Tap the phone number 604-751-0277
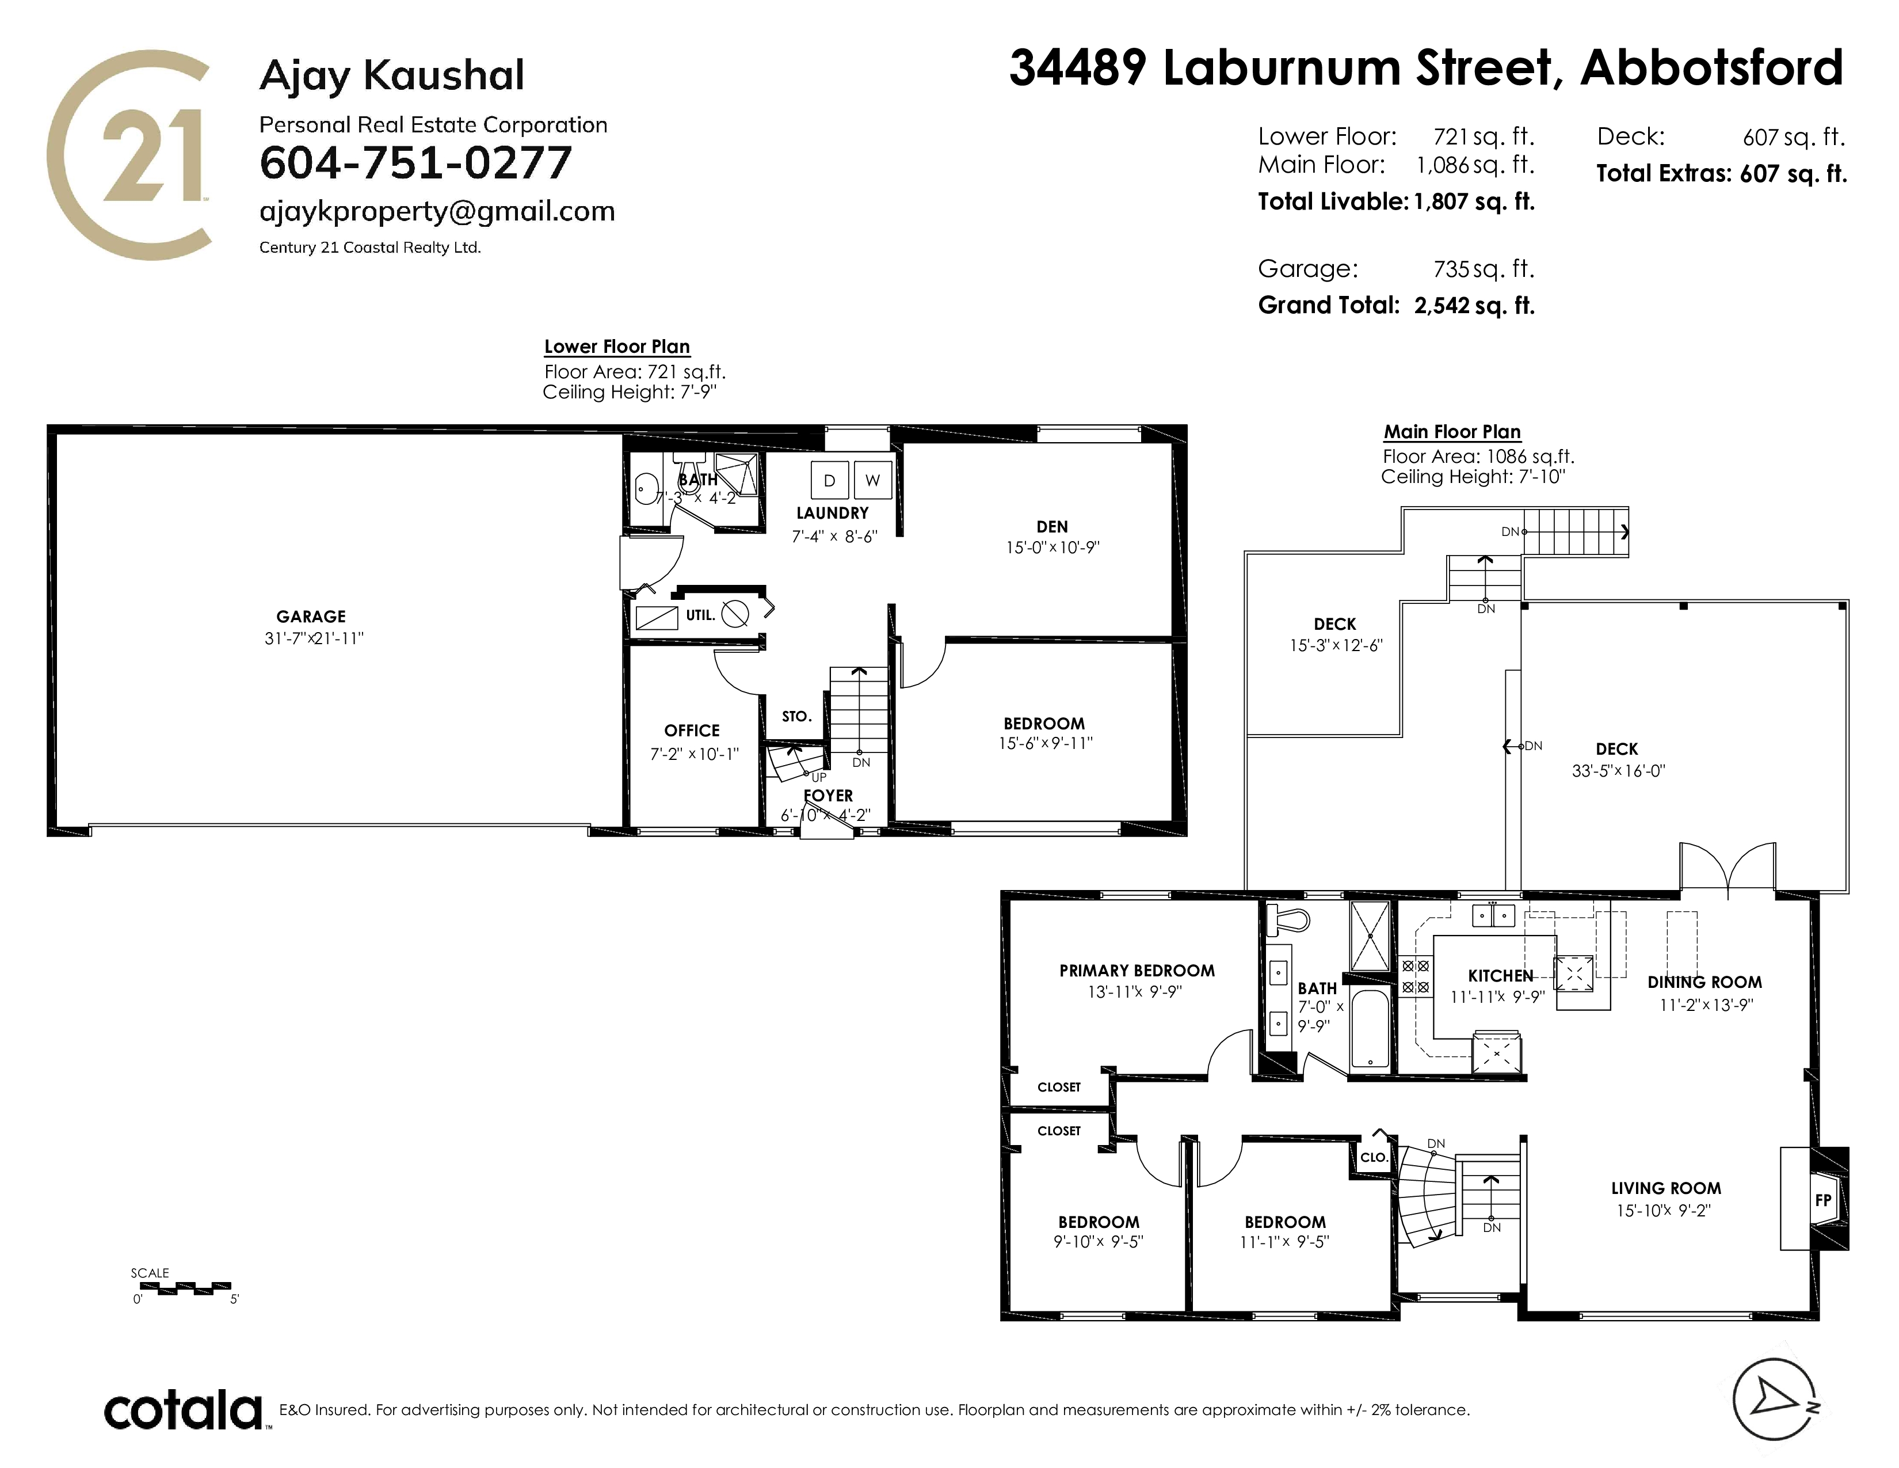coord(415,162)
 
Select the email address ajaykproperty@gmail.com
coord(437,211)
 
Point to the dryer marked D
coord(829,480)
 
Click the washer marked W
coord(873,480)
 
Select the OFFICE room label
coord(692,731)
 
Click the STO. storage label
coord(796,717)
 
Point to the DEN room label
coord(1052,526)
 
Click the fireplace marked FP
coord(1824,1200)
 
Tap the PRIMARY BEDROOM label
coord(1137,971)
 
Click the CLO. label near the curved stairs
coord(1374,1158)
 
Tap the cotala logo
coord(184,1410)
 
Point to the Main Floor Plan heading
coord(1452,432)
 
